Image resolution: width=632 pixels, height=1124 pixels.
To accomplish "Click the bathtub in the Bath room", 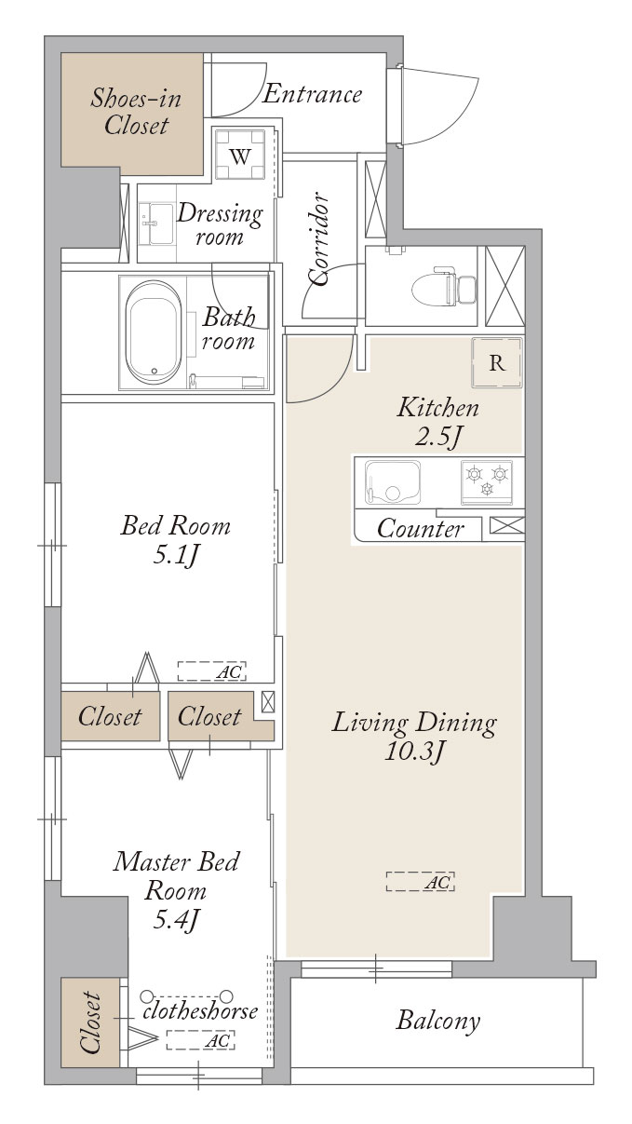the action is (x=154, y=332).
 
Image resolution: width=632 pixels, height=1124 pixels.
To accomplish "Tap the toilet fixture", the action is (x=444, y=286).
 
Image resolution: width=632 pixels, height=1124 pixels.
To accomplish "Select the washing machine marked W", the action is (x=240, y=154).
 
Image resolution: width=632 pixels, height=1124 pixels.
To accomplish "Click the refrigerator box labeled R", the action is (x=497, y=362).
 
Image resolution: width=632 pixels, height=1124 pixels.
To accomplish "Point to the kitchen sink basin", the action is (x=392, y=481).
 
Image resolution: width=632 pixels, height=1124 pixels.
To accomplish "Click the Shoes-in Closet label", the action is (x=136, y=112).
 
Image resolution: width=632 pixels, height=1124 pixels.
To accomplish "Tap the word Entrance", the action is (x=312, y=94).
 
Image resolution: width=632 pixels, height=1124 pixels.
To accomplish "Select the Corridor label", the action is (x=318, y=238).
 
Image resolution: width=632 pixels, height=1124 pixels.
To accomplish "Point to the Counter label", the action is (x=421, y=528).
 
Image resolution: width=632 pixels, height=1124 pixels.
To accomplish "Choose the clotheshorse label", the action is (x=200, y=1010).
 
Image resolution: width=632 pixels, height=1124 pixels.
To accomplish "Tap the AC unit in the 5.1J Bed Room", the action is (x=211, y=670).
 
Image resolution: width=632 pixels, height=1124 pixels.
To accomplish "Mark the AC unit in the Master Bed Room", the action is (x=201, y=1039).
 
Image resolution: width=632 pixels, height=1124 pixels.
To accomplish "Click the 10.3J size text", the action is (x=415, y=752).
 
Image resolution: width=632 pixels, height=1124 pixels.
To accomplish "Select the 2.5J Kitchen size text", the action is (x=437, y=437).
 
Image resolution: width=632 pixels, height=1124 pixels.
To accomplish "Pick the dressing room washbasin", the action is (x=156, y=223).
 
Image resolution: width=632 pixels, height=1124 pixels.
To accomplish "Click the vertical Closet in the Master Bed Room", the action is (x=91, y=1022).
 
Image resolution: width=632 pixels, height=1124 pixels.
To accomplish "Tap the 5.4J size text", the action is (x=176, y=920).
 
